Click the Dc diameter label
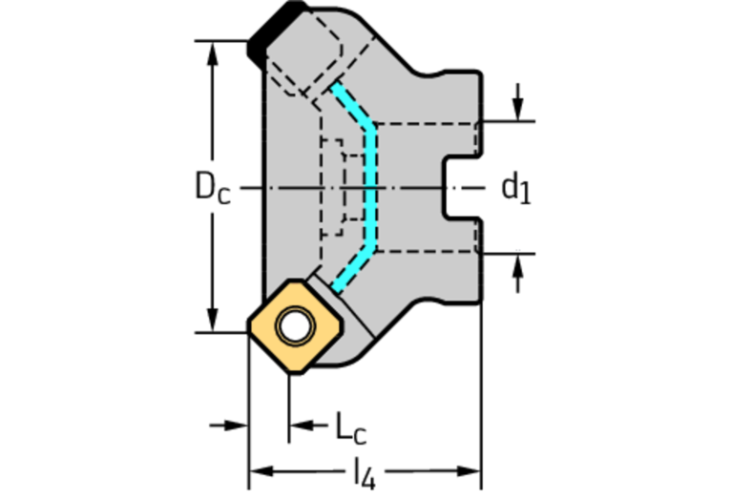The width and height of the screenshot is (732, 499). pos(212,187)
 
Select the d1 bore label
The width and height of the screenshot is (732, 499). pos(515,188)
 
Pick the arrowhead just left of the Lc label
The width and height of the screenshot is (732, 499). pos(302,424)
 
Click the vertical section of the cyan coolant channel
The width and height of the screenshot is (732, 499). pos(372,188)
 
